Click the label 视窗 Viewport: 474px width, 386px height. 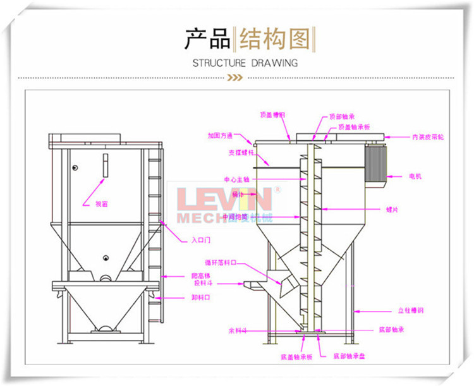102,203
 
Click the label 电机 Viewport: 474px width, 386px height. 415,176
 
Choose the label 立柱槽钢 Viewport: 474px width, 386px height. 410,311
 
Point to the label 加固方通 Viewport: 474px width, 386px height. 220,135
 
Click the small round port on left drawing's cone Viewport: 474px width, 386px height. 105,257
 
